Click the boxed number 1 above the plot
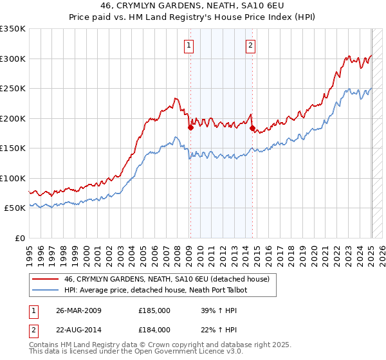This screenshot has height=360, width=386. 189,46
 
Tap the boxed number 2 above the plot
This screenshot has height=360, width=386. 250,46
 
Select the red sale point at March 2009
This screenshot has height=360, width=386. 190,127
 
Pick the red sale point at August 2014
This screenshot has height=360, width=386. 252,128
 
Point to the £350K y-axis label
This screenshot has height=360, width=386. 13,29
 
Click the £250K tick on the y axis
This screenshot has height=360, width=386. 13,89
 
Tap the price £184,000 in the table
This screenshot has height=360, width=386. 154,330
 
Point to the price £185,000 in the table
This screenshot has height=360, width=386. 154,310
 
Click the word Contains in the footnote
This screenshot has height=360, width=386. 44,346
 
